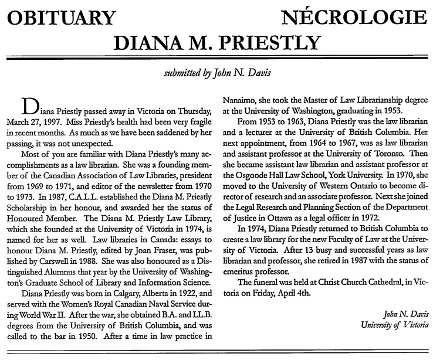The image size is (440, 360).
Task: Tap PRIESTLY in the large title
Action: pos(267,42)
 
